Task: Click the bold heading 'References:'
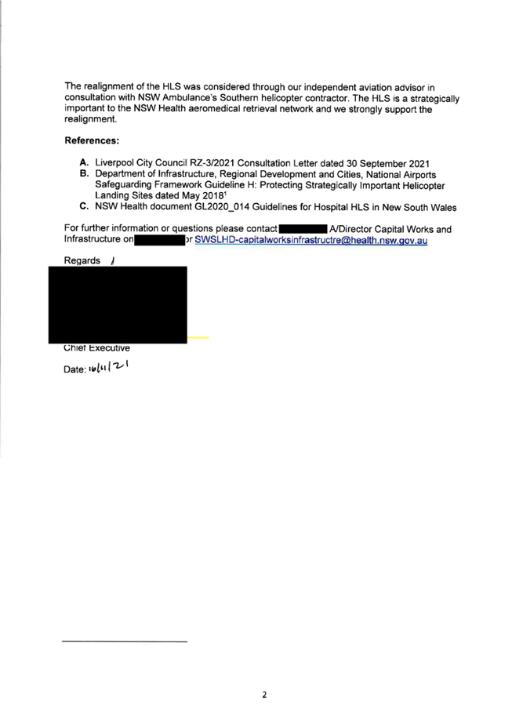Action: (91, 140)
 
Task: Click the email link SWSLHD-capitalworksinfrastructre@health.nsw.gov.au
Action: (310, 240)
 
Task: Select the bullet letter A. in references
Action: (83, 162)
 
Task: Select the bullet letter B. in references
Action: (83, 174)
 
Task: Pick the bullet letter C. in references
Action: (83, 206)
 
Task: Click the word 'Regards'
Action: (82, 260)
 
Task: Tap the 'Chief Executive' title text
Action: (96, 347)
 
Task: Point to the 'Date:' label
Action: (74, 369)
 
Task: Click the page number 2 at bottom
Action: (264, 695)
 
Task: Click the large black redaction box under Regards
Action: (118, 304)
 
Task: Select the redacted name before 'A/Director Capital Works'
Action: (303, 228)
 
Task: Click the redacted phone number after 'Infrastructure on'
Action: (160, 240)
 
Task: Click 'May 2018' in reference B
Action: (203, 195)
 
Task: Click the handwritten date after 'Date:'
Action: (109, 367)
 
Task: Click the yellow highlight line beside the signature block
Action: (198, 337)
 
